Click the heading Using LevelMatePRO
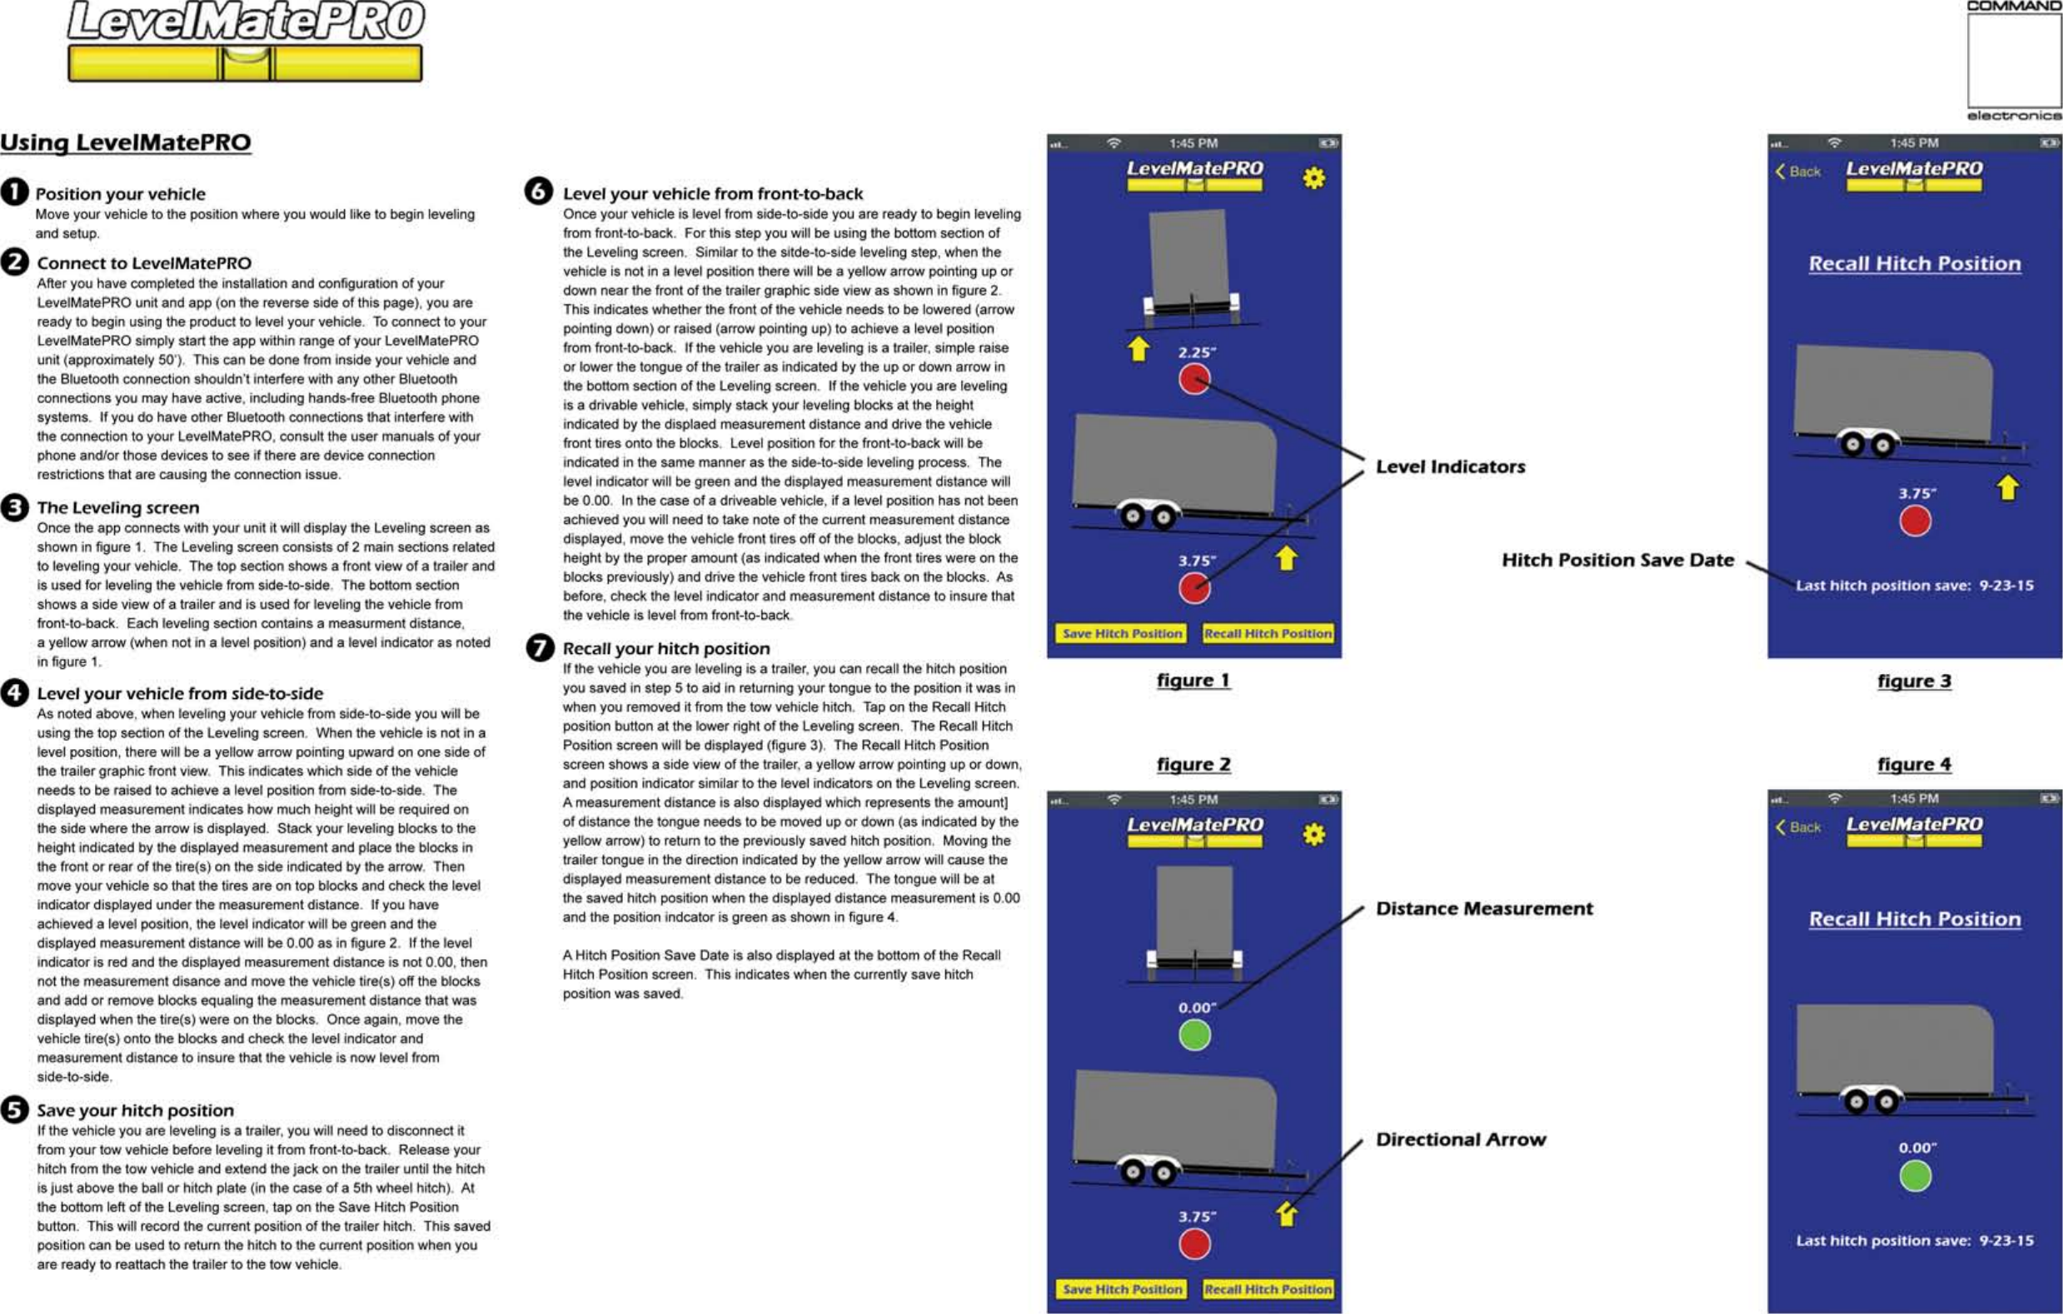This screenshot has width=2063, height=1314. click(x=125, y=142)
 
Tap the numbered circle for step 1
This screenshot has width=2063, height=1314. click(x=14, y=192)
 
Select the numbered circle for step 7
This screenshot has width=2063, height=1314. click(x=540, y=647)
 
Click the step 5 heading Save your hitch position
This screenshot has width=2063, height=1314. click(x=136, y=1110)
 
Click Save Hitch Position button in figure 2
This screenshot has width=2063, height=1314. click(x=1122, y=1289)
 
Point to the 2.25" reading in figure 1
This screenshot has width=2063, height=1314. click(x=1196, y=352)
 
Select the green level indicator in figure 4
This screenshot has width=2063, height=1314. click(x=1915, y=1176)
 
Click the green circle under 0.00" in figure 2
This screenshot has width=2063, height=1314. click(x=1194, y=1036)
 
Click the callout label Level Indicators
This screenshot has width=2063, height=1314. click(x=1451, y=467)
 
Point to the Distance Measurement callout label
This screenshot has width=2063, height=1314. click(x=1484, y=908)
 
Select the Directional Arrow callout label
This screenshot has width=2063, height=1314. click(x=1461, y=1139)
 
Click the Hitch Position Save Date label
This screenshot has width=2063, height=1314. click(x=1617, y=561)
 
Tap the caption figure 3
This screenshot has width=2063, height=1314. click(x=1914, y=682)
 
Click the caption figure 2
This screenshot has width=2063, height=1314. click(x=1193, y=765)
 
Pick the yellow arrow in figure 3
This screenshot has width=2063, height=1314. click(x=2008, y=487)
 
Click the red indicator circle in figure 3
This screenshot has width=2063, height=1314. click(x=1915, y=521)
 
